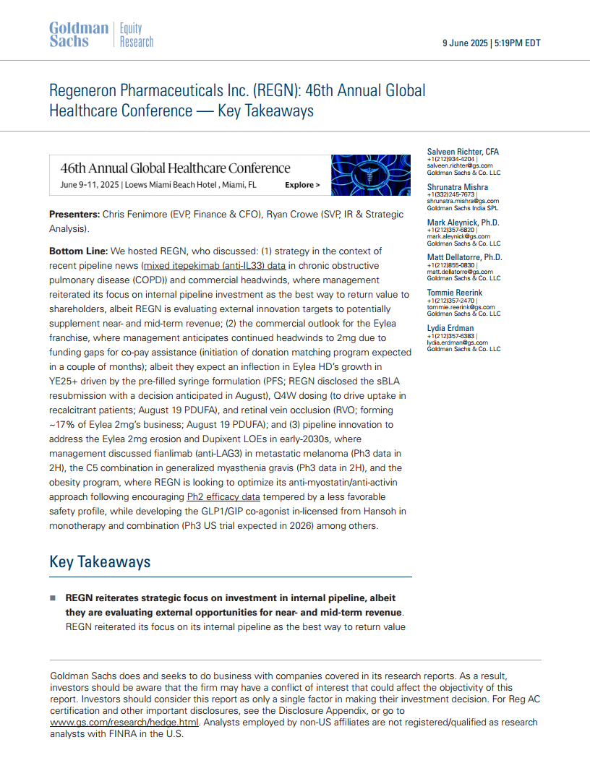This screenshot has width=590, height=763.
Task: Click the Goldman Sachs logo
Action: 78,35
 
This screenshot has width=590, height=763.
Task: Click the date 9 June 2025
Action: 465,43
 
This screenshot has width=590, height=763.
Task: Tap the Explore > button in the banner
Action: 302,185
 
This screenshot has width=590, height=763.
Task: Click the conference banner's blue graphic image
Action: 366,175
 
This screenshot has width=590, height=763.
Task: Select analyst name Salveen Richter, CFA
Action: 463,152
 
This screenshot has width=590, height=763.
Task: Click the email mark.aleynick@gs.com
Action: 458,236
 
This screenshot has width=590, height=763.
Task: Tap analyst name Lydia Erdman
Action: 450,328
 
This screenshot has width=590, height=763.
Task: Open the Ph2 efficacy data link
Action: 223,497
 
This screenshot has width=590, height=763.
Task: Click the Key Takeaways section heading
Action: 100,562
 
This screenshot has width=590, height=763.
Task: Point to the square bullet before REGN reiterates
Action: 53,599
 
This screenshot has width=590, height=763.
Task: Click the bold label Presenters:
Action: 74,215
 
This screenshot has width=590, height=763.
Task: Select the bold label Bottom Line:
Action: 78,251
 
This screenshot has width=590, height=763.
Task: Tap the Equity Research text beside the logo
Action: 136,35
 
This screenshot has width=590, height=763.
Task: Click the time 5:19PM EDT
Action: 517,43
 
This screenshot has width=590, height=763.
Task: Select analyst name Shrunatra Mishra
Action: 457,187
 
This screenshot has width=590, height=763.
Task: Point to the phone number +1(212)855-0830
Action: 450,265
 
